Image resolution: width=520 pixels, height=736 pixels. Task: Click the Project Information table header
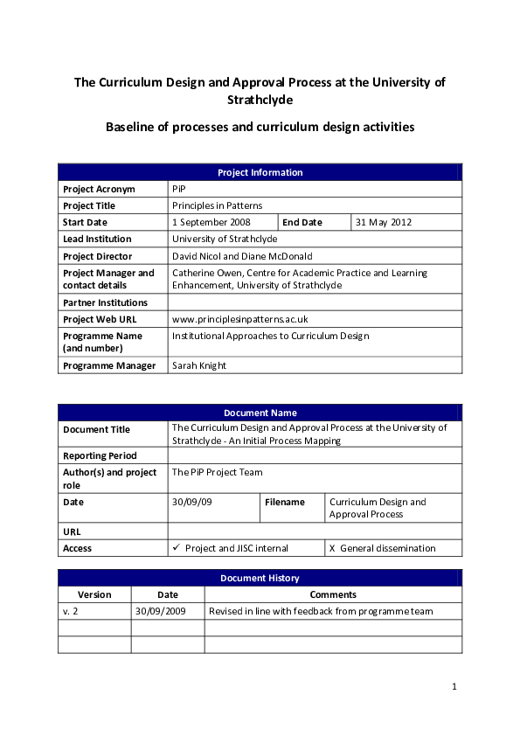(260, 172)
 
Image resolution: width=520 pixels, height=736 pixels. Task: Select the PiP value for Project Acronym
(179, 189)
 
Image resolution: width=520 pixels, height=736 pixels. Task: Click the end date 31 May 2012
(383, 222)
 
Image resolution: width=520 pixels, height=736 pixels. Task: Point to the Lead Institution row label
(97, 239)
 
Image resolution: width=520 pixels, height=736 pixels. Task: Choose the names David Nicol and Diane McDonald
(242, 256)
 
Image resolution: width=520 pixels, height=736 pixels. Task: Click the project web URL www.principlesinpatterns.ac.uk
(239, 319)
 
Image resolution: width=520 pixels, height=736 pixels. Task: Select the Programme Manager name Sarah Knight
(199, 365)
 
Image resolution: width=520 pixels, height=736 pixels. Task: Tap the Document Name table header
(260, 413)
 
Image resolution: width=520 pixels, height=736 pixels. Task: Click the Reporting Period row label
(100, 455)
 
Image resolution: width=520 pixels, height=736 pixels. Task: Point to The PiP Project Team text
(217, 472)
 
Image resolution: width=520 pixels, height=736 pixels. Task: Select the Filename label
(285, 502)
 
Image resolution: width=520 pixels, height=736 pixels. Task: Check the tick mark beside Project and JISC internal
(177, 548)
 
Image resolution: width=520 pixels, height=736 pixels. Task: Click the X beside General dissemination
(332, 548)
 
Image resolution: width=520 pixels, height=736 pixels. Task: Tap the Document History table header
(260, 578)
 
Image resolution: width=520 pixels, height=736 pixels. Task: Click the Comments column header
(333, 594)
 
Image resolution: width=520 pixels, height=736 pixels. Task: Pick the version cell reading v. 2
(71, 611)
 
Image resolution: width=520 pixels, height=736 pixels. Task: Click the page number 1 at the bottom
(454, 687)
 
